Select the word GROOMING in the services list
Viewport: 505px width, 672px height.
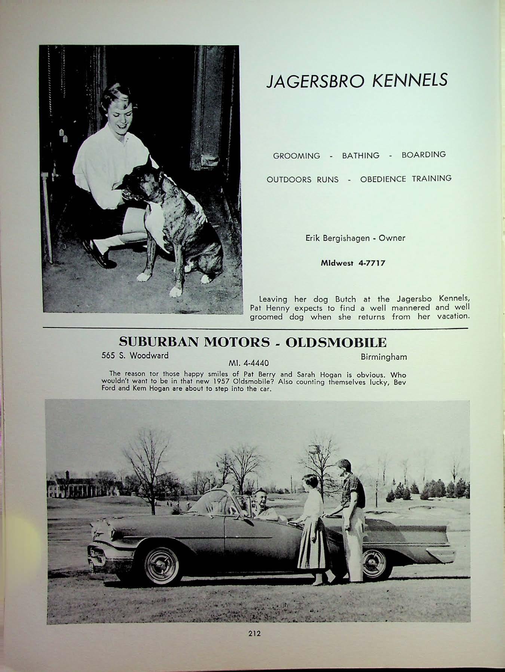coord(297,156)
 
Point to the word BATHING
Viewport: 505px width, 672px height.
coord(361,156)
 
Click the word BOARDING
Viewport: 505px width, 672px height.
coord(423,155)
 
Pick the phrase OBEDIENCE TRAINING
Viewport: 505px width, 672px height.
coord(405,179)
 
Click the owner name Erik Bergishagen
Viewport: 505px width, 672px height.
coord(338,238)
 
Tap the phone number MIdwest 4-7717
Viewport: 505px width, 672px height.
coord(353,263)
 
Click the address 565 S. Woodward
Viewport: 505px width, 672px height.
coord(135,356)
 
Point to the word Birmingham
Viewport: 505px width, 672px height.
coord(383,357)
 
